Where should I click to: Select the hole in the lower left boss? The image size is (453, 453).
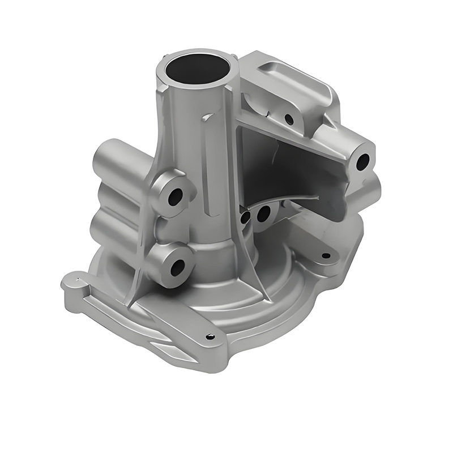(x=177, y=267)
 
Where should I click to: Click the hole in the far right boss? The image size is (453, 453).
(x=362, y=162)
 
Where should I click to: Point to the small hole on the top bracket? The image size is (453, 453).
(x=289, y=119)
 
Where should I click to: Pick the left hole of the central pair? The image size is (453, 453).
(x=245, y=217)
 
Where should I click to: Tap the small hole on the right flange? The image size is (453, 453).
(x=326, y=255)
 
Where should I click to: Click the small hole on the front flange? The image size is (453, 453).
(x=211, y=336)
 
